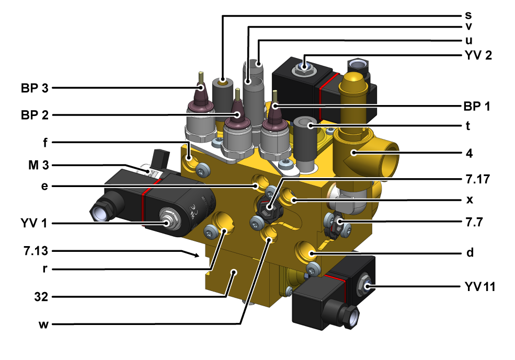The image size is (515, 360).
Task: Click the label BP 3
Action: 35,88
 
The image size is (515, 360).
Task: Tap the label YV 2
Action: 478,55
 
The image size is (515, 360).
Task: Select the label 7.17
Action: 478,179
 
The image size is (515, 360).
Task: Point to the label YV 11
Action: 480,286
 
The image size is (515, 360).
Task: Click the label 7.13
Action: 36,251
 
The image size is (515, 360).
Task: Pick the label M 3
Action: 38,165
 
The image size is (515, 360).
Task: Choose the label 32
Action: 41,297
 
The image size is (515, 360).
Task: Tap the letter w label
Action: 44,324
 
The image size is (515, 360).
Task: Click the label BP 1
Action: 477,106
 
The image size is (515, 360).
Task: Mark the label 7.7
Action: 474,222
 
